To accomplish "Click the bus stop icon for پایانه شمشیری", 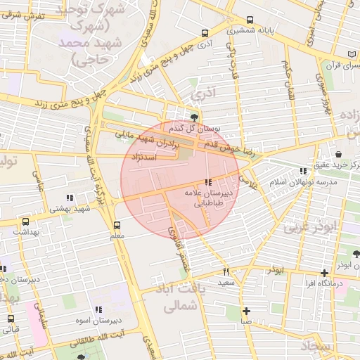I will tap(250, 20).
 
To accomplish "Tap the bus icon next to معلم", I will tap(117, 225).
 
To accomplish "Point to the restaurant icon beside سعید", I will tap(226, 271).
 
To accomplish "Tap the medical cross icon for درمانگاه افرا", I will tap(323, 273).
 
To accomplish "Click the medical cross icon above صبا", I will tap(246, 311).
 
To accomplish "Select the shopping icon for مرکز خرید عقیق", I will tap(339, 155).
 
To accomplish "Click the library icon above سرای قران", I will tap(351, 54).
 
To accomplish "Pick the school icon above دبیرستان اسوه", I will tap(98, 309).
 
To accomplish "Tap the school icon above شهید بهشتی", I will tap(69, 198).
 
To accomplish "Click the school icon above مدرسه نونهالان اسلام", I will tap(303, 171).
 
